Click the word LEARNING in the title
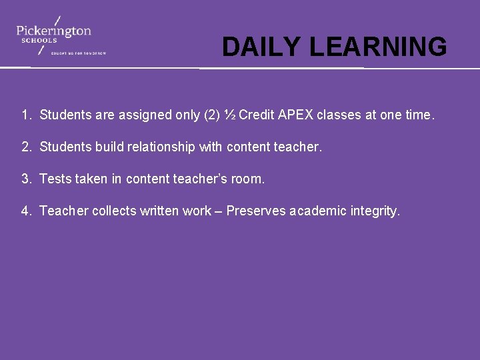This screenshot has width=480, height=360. [x=378, y=47]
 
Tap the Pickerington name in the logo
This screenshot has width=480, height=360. [x=53, y=31]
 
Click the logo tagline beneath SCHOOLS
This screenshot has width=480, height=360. [x=79, y=53]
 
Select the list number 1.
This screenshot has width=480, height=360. [x=26, y=115]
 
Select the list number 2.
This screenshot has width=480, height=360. [x=26, y=147]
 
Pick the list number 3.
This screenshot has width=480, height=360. [x=26, y=179]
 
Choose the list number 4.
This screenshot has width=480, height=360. [x=26, y=211]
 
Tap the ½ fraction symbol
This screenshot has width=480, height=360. [x=230, y=115]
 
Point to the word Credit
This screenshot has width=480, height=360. [x=256, y=115]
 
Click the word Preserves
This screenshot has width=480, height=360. [x=256, y=211]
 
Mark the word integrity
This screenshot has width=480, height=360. [x=375, y=211]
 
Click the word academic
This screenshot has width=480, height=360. [x=318, y=211]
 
